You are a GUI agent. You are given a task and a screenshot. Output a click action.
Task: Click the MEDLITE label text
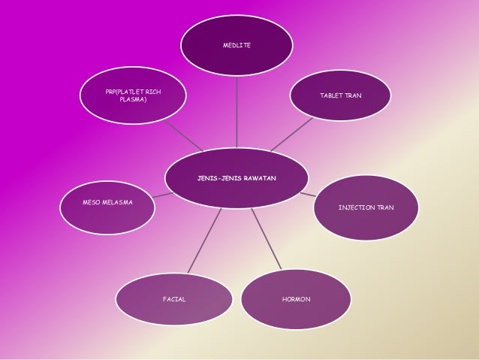237,46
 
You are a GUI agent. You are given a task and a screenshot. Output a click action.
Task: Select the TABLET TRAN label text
341,96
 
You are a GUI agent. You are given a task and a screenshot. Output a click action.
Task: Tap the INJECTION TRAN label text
366,207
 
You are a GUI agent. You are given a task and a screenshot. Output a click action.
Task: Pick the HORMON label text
296,299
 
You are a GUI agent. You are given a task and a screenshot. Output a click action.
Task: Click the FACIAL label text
174,299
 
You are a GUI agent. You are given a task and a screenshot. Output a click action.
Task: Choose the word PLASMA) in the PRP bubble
133,99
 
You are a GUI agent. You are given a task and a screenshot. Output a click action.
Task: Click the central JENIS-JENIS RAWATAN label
236,178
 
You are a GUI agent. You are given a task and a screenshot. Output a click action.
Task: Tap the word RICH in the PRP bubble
153,92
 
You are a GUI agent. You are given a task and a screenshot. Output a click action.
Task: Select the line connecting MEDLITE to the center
237,113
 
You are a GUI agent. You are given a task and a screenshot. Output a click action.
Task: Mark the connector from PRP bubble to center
184,135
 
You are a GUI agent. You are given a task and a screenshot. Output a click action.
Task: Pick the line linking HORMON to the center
267,239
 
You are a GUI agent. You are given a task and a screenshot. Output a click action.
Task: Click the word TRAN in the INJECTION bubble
385,207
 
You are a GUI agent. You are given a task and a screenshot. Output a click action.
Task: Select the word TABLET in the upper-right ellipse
331,96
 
